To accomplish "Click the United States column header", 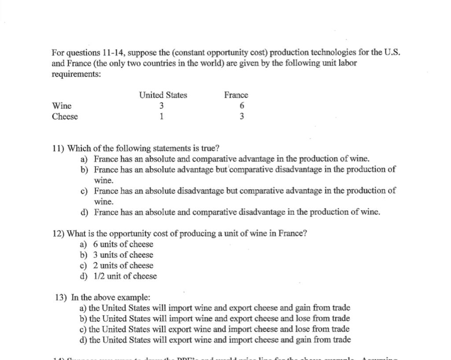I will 163,95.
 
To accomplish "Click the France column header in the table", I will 236,95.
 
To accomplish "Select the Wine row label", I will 62,106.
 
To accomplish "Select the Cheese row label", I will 65,117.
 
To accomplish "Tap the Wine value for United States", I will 162,106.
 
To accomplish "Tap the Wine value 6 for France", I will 242,106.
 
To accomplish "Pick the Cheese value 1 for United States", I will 162,117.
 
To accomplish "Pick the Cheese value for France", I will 242,117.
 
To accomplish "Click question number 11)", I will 58,148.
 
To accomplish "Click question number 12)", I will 59,234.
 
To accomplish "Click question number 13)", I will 61,298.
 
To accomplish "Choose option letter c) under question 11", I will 84,191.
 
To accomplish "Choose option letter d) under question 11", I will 84,212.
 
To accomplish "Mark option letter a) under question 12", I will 83,244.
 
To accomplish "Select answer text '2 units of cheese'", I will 123,265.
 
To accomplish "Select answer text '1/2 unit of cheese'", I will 125,276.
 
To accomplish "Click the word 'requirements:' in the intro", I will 76,74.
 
